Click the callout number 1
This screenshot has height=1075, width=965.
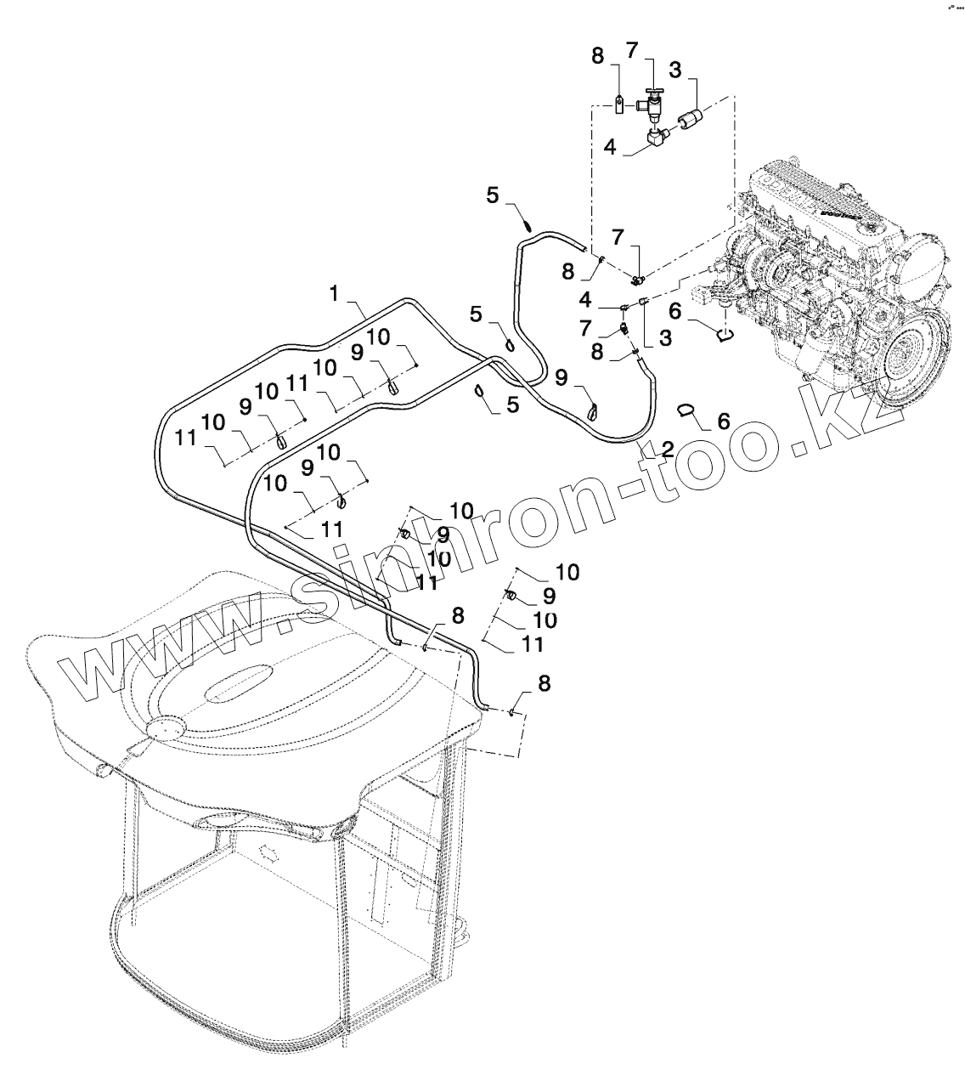pos(335,293)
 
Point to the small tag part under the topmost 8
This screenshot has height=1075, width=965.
pos(621,105)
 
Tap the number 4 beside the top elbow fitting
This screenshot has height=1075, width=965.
pos(610,148)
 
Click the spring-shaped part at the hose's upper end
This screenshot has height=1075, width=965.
pos(528,225)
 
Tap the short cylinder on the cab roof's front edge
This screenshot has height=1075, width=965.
pos(103,770)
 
